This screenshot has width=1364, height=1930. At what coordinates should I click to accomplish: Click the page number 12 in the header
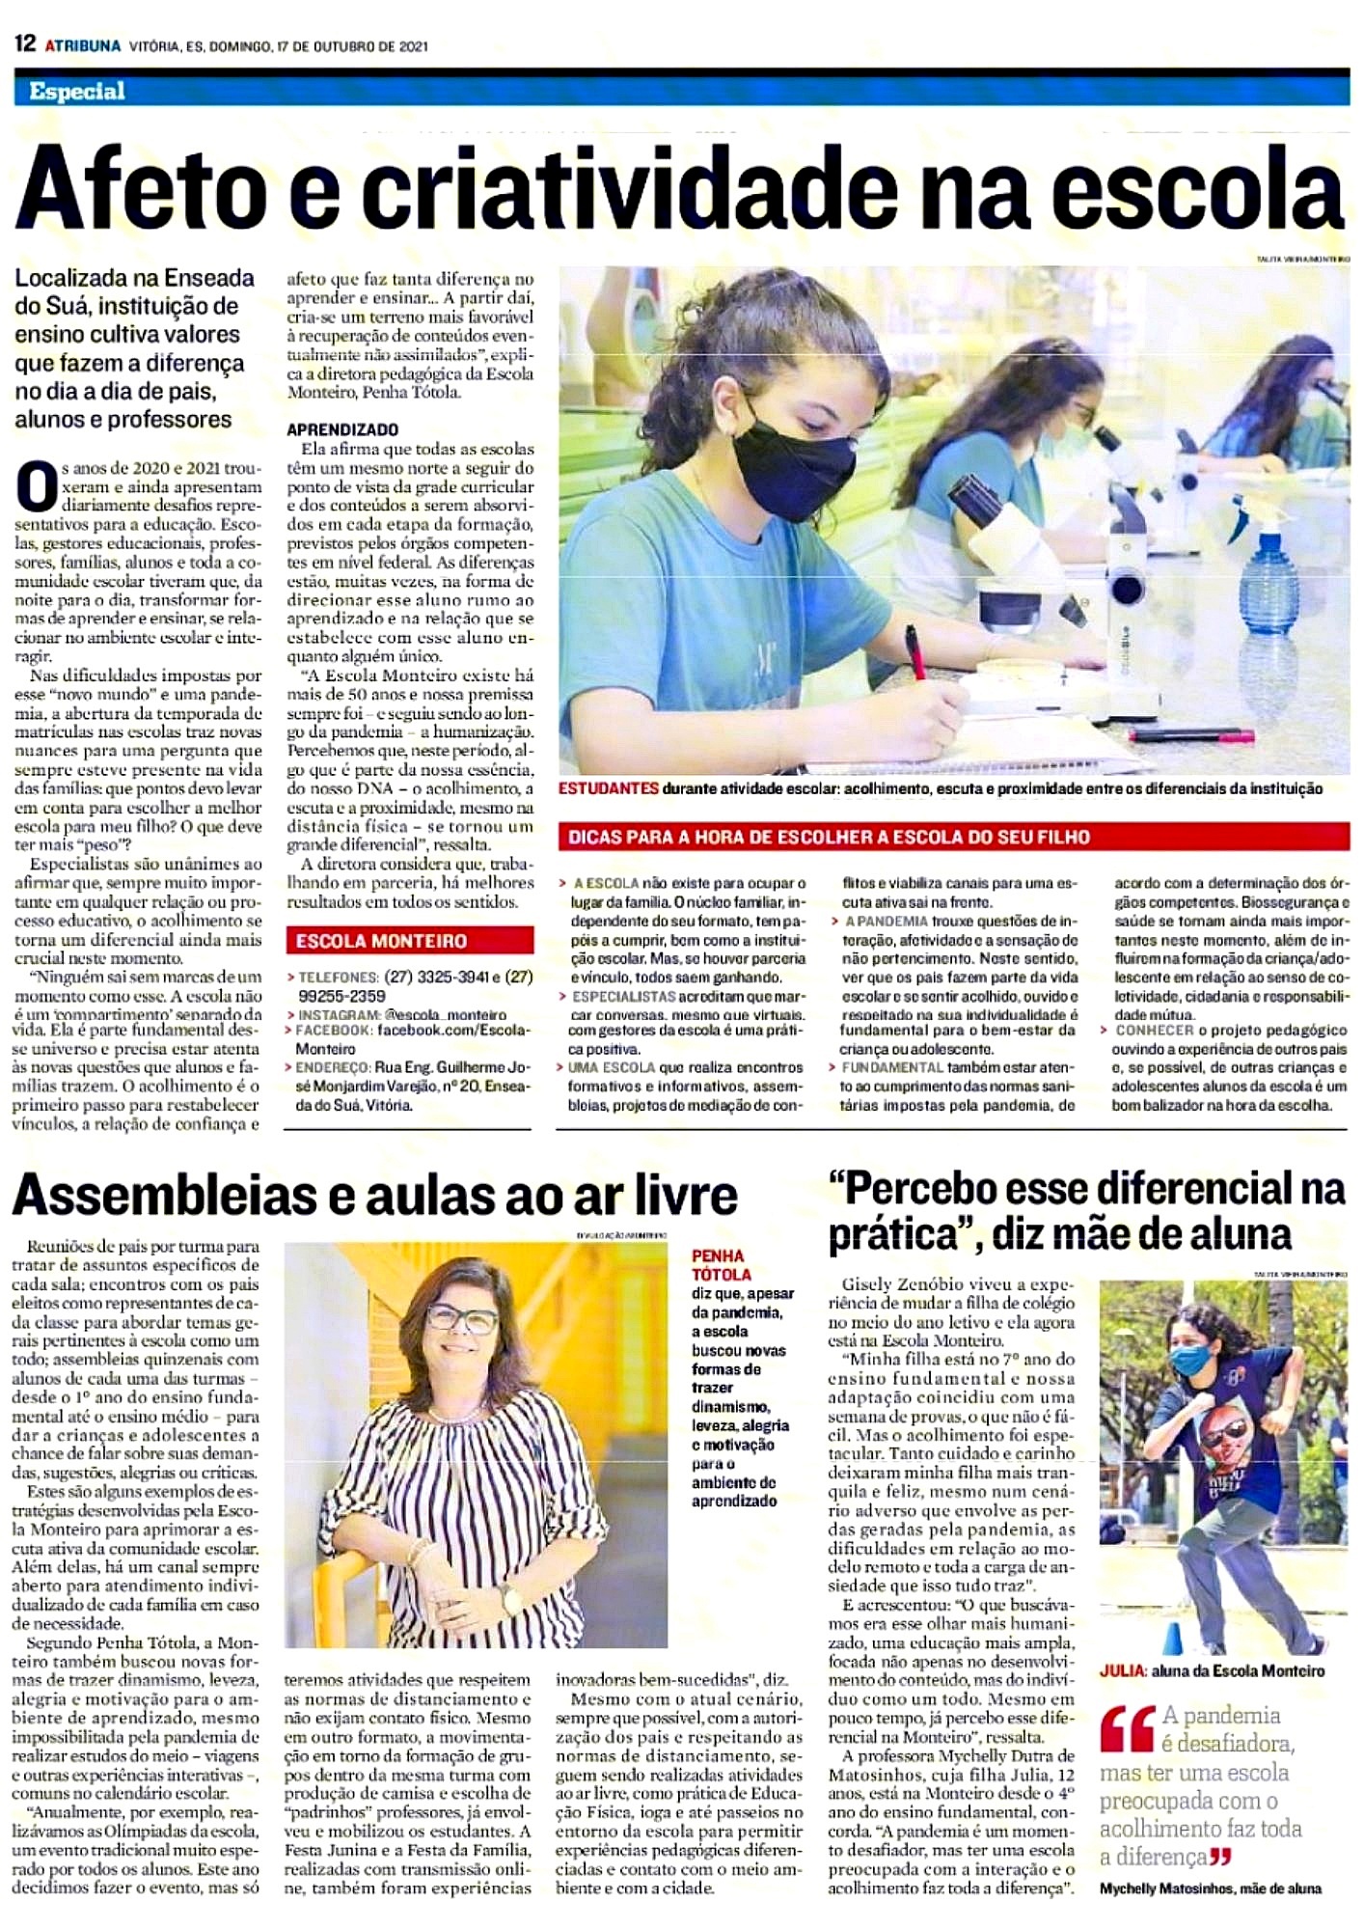tap(25, 44)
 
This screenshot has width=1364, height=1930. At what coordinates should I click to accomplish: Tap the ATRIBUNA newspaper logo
tap(83, 45)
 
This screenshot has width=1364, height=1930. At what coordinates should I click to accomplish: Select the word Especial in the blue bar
tap(77, 92)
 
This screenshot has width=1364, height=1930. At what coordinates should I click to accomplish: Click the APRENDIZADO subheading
tap(342, 429)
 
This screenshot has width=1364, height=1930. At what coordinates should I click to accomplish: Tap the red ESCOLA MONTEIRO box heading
tap(381, 941)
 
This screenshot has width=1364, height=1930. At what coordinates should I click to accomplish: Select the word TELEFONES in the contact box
tap(338, 977)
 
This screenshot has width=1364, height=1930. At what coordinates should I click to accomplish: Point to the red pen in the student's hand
tap(914, 652)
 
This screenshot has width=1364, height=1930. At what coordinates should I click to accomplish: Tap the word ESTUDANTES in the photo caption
tap(609, 789)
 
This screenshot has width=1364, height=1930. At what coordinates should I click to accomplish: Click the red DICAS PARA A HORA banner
tap(830, 838)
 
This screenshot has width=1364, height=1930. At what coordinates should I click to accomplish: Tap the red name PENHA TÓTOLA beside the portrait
tap(719, 1264)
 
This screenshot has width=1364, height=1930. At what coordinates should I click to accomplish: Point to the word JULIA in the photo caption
tap(1122, 1670)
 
